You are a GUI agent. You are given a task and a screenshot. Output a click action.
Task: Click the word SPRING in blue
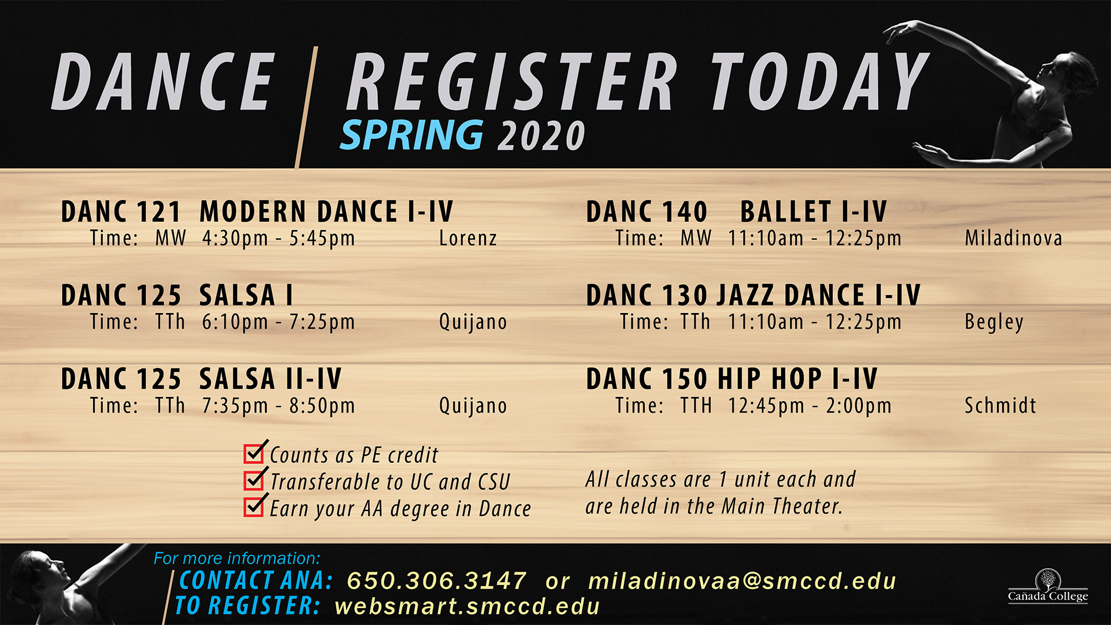411,135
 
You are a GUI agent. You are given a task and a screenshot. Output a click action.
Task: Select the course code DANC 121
121,212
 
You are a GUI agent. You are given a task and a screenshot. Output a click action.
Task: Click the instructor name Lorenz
468,238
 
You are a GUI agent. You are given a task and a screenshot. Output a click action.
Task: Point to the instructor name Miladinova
1013,238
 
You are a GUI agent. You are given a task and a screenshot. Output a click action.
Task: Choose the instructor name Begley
994,322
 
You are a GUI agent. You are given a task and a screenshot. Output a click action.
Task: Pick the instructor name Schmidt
1000,406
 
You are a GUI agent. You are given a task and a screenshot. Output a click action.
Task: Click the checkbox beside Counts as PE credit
254,453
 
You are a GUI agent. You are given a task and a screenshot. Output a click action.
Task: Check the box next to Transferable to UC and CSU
254,480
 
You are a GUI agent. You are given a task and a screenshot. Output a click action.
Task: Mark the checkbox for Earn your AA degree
254,506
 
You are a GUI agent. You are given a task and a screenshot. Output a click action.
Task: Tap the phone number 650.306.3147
436,581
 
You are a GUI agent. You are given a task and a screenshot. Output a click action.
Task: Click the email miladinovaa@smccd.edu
742,581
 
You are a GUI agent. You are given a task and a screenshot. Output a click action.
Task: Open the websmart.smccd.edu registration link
467,606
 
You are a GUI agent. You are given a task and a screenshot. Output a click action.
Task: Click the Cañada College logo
1048,587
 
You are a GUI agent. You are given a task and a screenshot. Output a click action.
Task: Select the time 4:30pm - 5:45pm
278,238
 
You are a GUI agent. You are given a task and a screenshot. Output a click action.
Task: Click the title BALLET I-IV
814,212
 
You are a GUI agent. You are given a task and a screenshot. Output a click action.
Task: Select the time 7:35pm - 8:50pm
278,406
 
